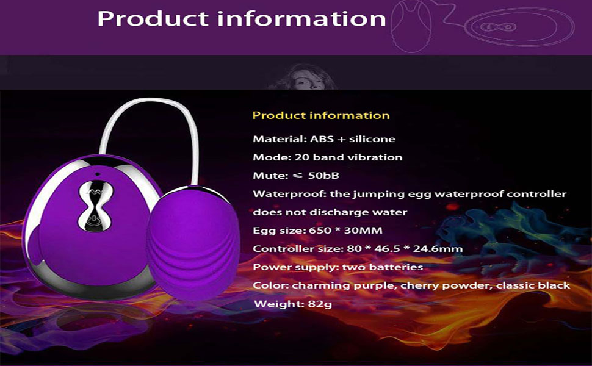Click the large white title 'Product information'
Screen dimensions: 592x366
pos(242,19)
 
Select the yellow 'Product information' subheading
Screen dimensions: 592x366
pos(321,115)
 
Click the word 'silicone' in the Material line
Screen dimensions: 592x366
pos(372,139)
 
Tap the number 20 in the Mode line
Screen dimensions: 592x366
pos(302,157)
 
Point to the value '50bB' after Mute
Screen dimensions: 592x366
pos(323,176)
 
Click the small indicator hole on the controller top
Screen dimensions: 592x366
pos(97,174)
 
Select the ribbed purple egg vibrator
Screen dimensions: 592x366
pos(193,243)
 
